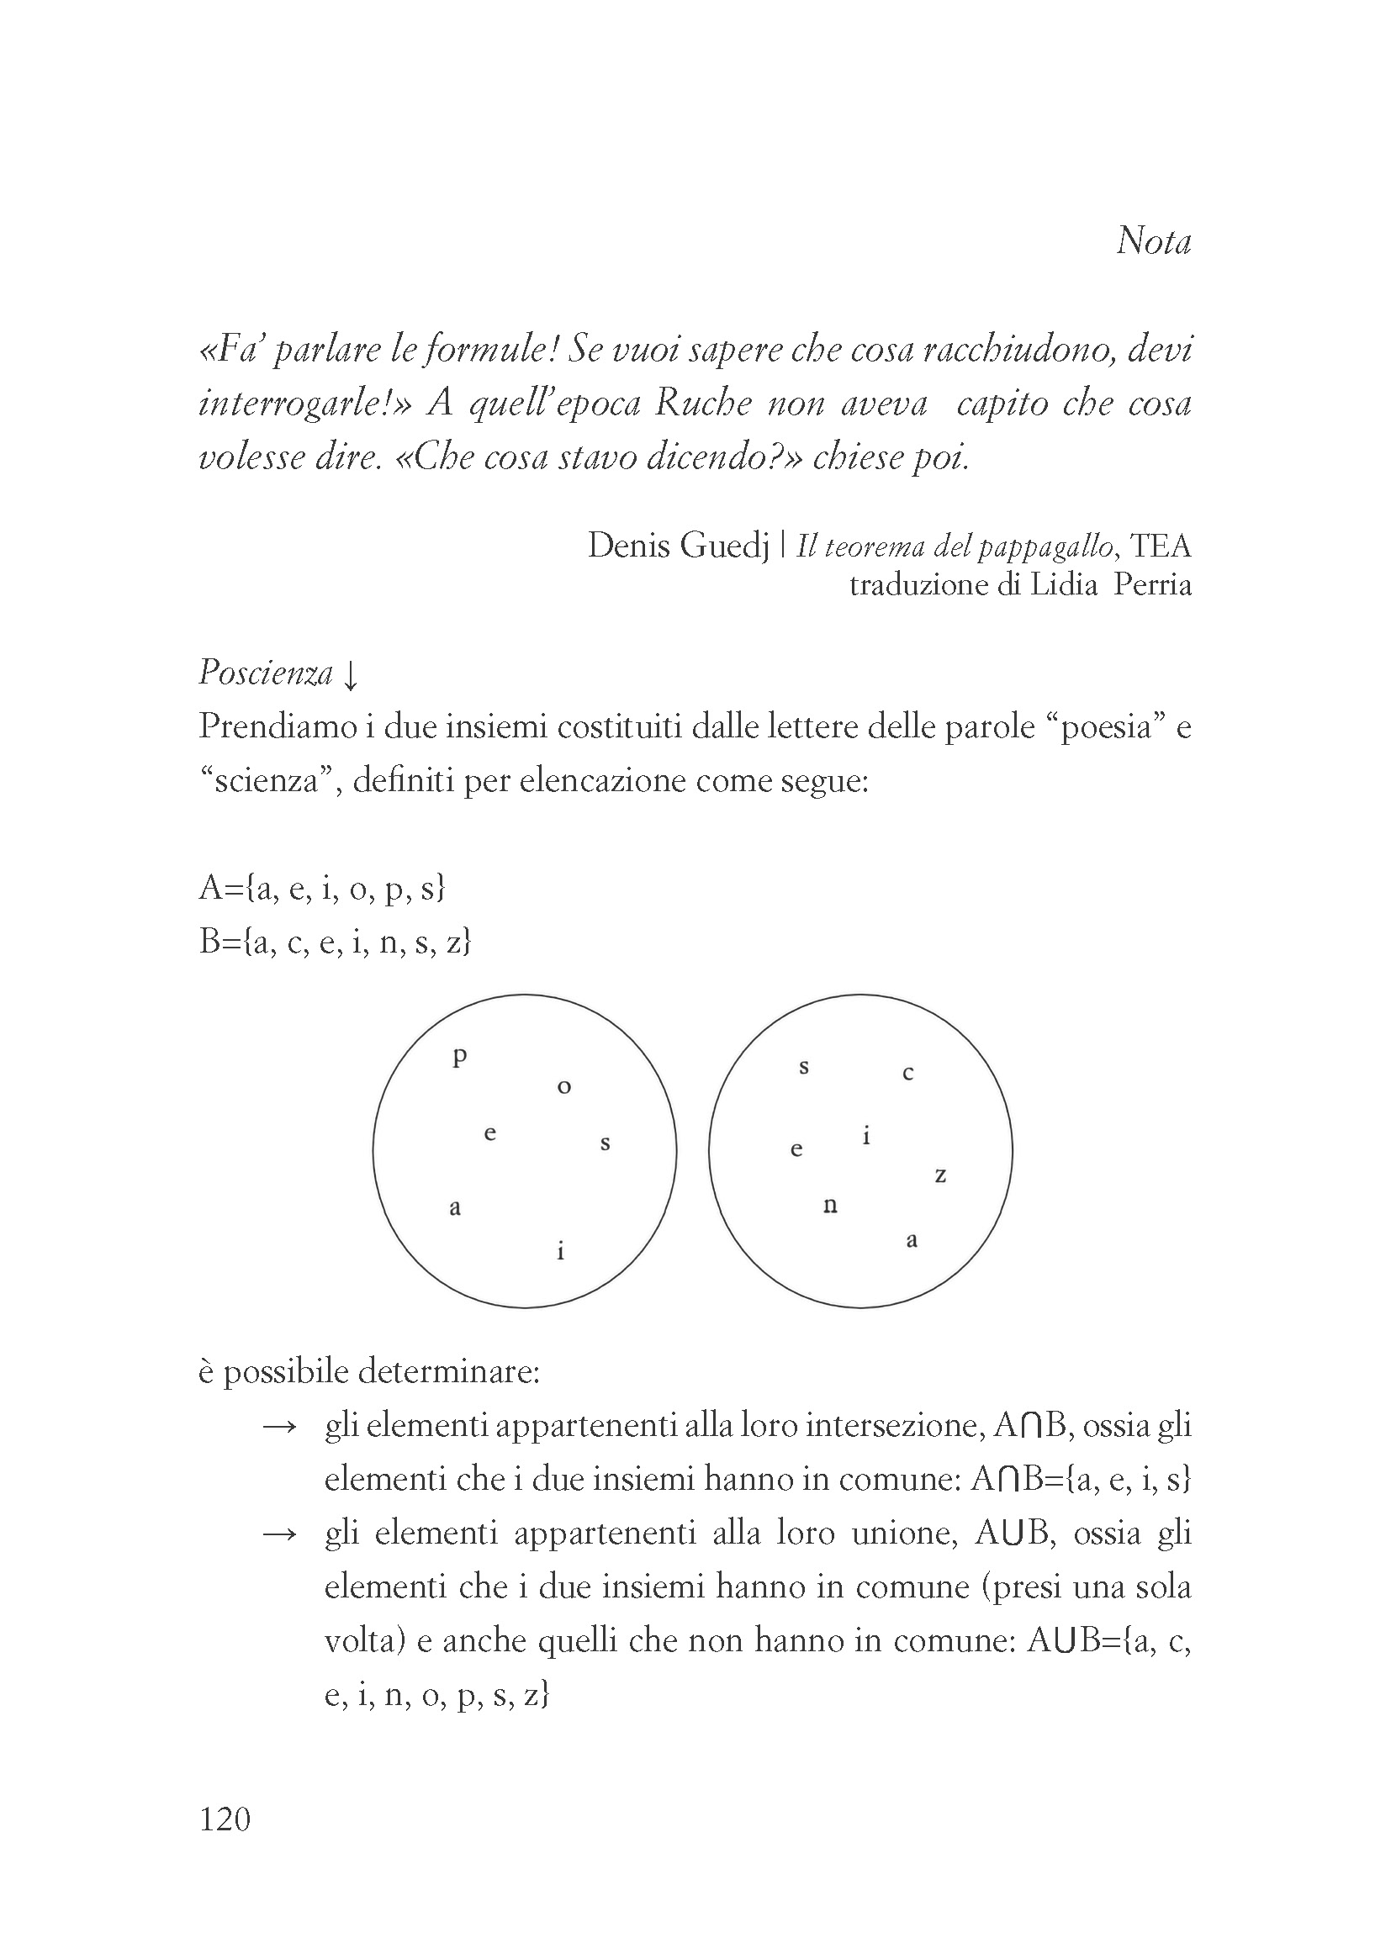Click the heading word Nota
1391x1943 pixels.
pos(1153,241)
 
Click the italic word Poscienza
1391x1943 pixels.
pos(266,673)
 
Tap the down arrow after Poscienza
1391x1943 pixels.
pos(350,677)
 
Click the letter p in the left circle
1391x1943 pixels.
pos(460,1058)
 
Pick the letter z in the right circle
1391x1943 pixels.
pos(939,1175)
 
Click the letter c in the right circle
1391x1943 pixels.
pos(908,1073)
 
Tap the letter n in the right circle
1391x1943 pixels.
pos(829,1206)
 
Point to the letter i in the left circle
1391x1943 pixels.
pos(560,1251)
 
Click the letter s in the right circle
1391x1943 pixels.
pos(803,1068)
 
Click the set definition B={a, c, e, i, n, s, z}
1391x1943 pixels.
pos(335,942)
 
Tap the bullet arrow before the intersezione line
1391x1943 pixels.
pos(279,1427)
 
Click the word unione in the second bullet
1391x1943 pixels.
pos(902,1533)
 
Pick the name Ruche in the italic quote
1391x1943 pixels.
pos(703,404)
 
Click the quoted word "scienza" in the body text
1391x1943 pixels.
pos(265,781)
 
